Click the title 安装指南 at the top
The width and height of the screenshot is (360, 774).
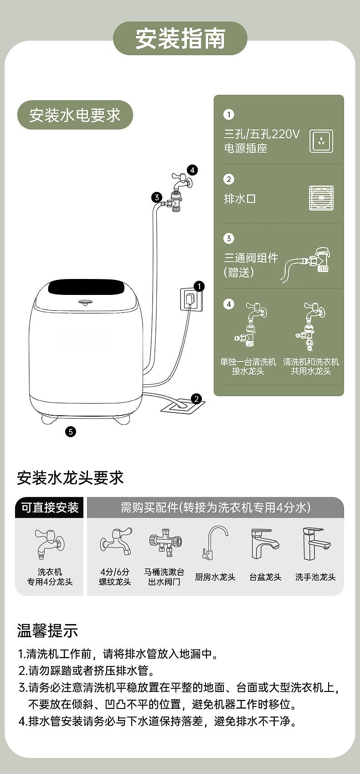coord(180,38)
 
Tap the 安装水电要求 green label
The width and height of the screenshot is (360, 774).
coord(75,115)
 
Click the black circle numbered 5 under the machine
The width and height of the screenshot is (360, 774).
coord(71,432)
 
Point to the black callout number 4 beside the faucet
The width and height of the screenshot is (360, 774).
coord(192,170)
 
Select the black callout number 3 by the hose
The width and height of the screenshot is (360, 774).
coord(156,197)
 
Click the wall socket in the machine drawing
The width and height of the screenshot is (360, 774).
coord(189,299)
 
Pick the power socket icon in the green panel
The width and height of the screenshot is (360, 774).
coord(321,141)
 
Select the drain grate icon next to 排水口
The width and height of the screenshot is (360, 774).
coord(321,198)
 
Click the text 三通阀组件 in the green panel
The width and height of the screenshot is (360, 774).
coord(251,258)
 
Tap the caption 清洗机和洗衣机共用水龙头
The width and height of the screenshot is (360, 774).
coord(311,366)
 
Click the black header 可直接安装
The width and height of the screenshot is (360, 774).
coord(49,508)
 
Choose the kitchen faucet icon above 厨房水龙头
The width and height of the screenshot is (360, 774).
coord(215,543)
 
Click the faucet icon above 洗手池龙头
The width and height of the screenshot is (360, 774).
coord(316,544)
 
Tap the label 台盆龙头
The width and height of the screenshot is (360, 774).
coord(265,577)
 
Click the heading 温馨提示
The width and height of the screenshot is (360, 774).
coord(47,630)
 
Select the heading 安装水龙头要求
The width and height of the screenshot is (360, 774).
coord(70,478)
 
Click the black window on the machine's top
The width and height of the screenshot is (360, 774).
coord(87,288)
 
